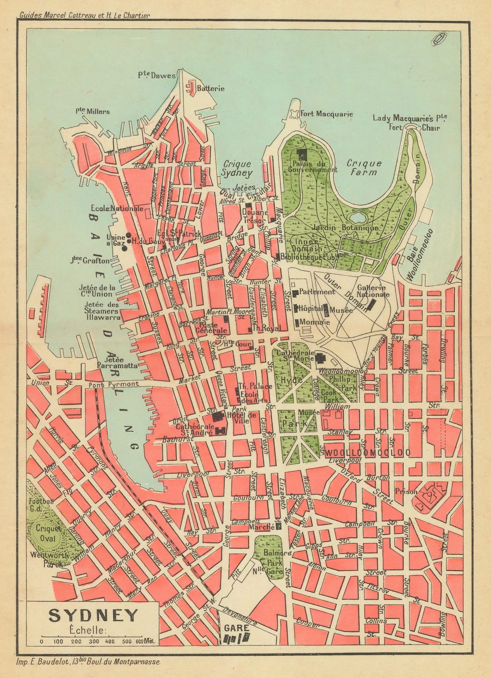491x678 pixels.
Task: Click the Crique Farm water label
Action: click(364, 167)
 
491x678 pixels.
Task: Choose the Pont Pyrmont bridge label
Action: click(114, 384)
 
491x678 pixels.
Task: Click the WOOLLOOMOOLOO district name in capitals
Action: click(369, 453)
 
